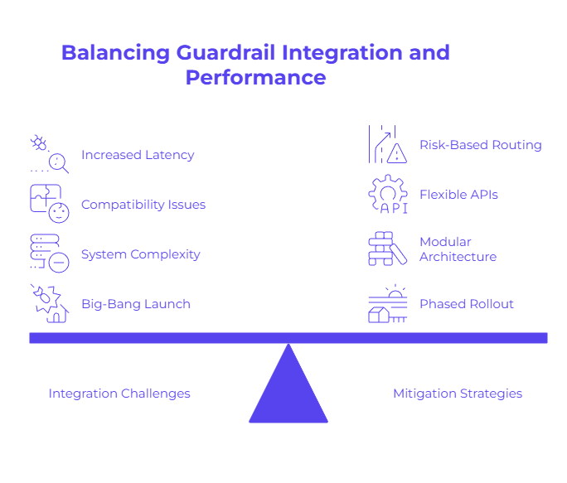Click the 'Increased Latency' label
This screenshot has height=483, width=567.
[x=138, y=155]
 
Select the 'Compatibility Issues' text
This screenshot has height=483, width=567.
[x=143, y=205]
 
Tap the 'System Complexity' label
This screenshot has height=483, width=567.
[x=140, y=254]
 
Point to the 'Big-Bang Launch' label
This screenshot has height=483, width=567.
[x=136, y=304]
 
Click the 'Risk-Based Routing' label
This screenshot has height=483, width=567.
[x=480, y=145]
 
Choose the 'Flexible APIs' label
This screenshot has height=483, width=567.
[x=458, y=195]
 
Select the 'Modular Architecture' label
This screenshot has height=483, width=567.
[x=458, y=249]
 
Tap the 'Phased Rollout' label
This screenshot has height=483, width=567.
[x=466, y=304]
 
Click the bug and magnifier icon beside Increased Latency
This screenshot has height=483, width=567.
[x=49, y=153]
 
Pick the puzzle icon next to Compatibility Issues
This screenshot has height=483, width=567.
[x=49, y=203]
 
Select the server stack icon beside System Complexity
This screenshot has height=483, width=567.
[x=49, y=253]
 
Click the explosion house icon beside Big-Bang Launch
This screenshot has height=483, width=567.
[x=49, y=302]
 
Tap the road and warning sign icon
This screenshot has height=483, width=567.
[x=388, y=145]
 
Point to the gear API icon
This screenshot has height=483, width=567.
[x=388, y=195]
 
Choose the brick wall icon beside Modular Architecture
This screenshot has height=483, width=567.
[x=388, y=249]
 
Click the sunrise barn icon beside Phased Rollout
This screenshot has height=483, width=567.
[x=388, y=304]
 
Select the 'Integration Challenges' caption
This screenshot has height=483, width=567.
[x=119, y=394]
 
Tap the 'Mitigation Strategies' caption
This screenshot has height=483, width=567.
[x=458, y=394]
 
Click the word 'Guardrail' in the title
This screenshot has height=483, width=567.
[x=225, y=53]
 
